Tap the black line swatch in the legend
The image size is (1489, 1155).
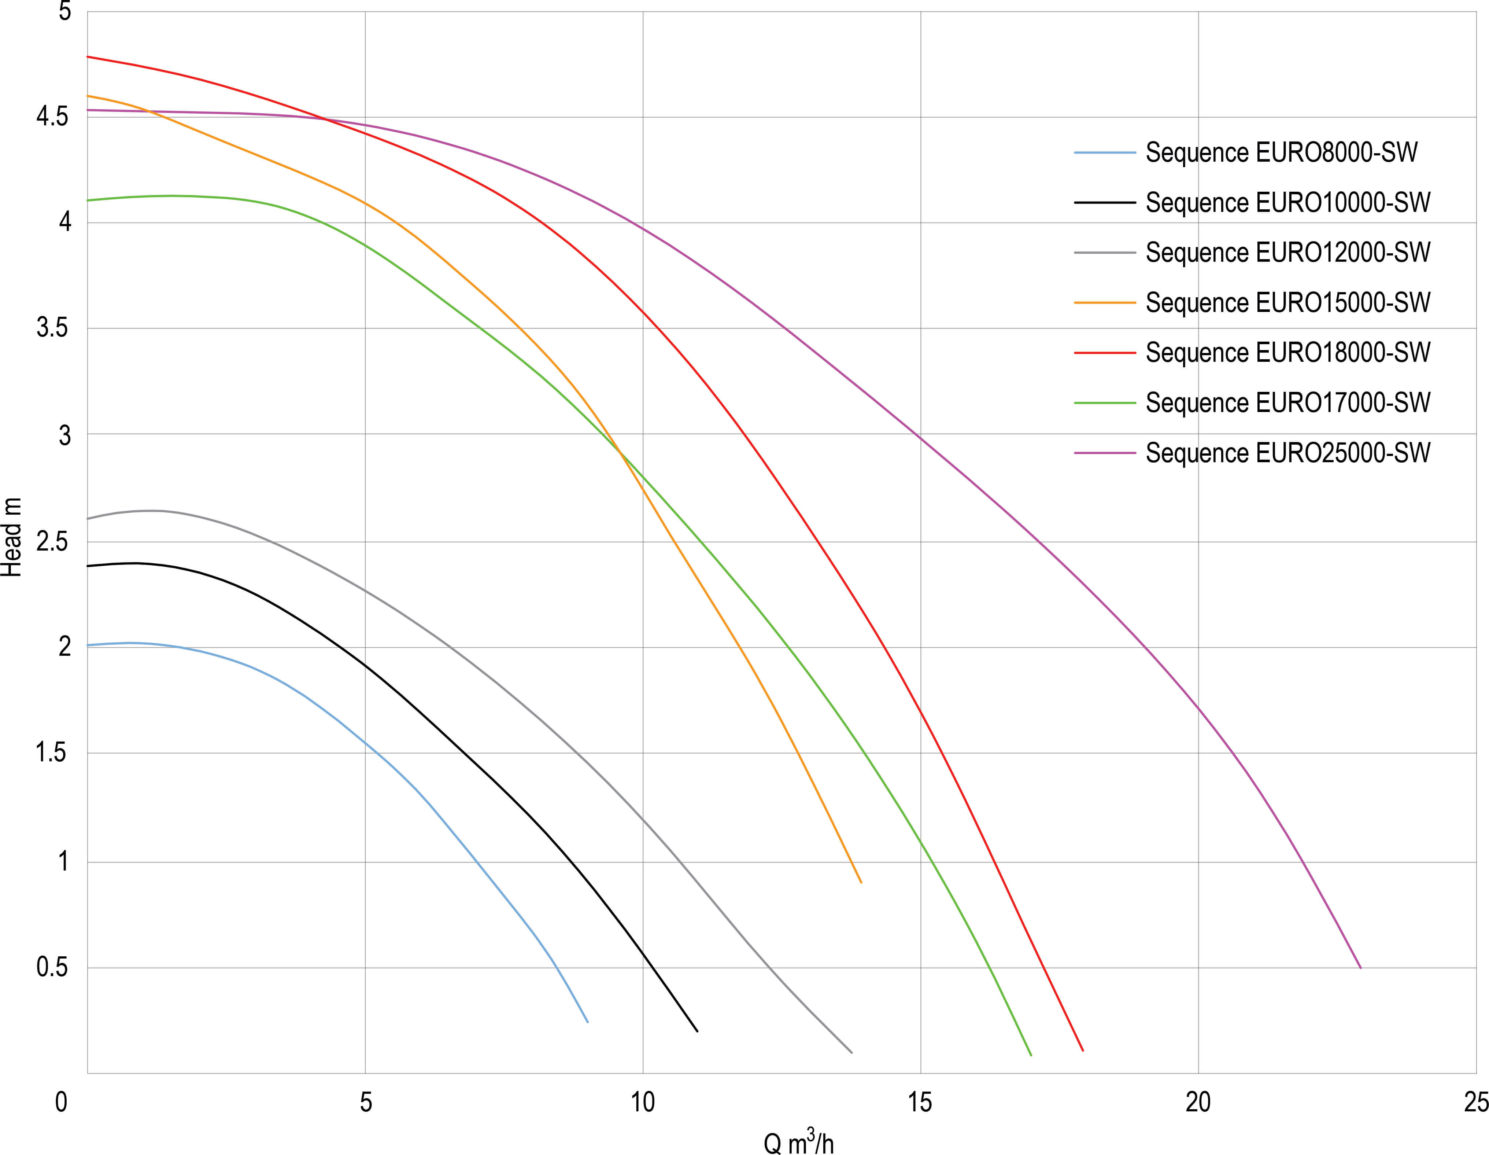pos(1105,203)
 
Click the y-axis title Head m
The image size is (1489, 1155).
pos(12,538)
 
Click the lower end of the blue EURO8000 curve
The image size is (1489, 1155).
pos(588,1022)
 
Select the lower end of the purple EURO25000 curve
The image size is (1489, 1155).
pos(1360,967)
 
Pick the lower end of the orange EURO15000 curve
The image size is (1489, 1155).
pos(861,883)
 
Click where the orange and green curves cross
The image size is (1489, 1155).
pos(619,450)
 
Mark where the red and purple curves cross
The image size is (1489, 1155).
pos(326,121)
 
